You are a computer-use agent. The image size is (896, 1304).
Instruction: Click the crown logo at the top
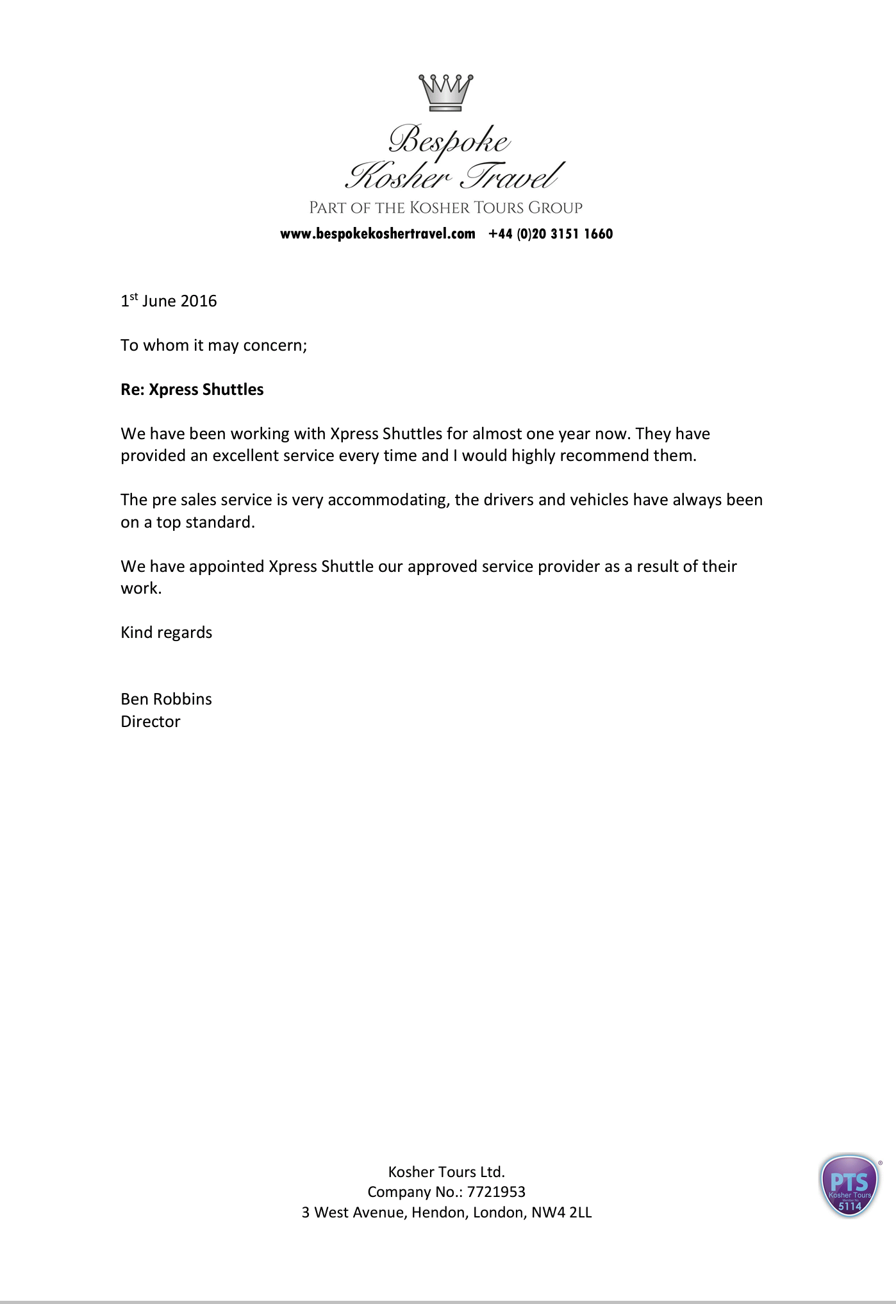(x=446, y=92)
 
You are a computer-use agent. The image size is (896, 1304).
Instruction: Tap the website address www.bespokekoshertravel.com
(x=377, y=234)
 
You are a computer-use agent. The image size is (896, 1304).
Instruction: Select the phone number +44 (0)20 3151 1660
(x=551, y=234)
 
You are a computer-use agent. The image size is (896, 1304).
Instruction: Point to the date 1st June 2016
(x=169, y=301)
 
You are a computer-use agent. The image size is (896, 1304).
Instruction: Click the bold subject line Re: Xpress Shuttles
(x=192, y=390)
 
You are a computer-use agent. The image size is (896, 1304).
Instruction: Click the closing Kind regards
(x=166, y=633)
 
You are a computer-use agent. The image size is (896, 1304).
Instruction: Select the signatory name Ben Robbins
(x=166, y=699)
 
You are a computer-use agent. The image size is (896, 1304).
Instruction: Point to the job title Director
(x=151, y=722)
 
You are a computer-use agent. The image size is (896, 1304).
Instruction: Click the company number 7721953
(x=496, y=1192)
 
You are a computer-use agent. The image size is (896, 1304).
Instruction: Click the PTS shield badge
(x=849, y=1186)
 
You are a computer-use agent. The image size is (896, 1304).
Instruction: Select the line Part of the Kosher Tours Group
(x=446, y=208)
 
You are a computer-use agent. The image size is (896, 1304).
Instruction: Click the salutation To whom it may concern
(x=213, y=346)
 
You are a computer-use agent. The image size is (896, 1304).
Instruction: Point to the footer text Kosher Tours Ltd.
(x=446, y=1172)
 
